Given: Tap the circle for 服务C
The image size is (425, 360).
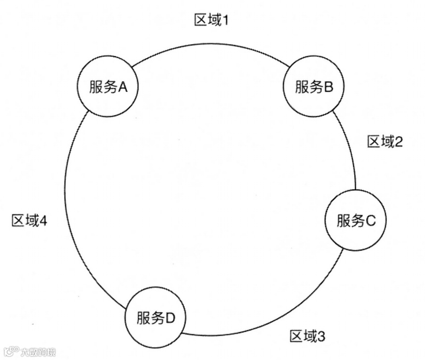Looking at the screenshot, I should (356, 220).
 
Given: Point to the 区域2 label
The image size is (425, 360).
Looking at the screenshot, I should (385, 142).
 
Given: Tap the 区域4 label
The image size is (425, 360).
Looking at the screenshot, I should (28, 220).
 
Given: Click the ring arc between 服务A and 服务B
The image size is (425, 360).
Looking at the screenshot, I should (210, 43).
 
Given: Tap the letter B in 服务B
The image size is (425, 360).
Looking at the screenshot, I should (329, 87).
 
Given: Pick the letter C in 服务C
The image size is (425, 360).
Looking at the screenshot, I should (370, 221).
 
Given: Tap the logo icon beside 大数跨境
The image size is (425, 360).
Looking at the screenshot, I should (10, 351).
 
